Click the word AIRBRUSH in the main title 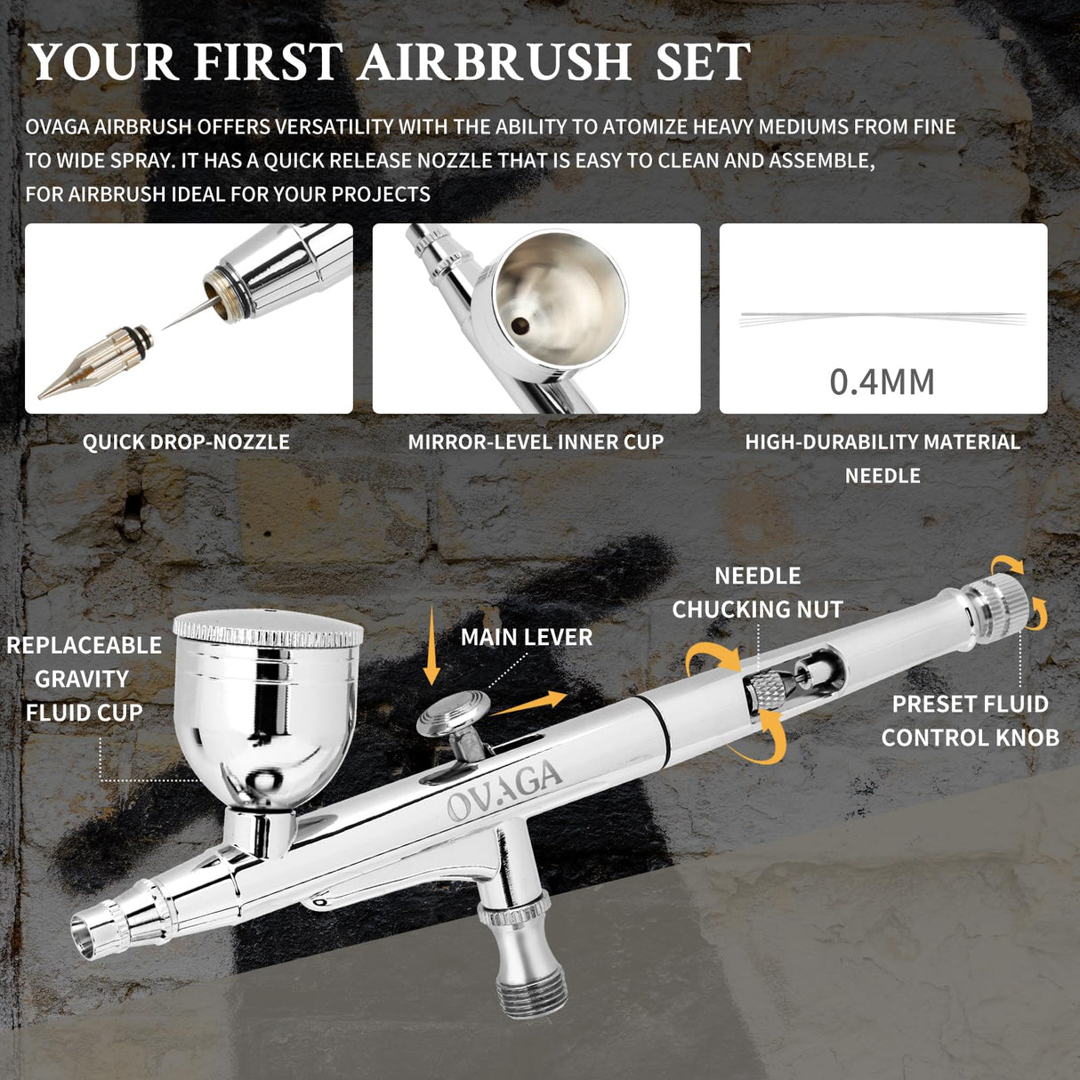[495, 62]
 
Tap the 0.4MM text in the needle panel [882, 382]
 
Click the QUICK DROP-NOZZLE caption [186, 442]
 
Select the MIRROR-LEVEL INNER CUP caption [536, 442]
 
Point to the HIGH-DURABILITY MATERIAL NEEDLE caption [882, 458]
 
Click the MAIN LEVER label [526, 637]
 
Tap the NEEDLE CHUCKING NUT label [757, 592]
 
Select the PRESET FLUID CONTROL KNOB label [970, 721]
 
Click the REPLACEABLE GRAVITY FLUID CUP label [84, 679]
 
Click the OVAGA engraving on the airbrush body [504, 789]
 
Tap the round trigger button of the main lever [454, 713]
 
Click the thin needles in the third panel [882, 318]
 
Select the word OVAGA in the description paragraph [58, 127]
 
